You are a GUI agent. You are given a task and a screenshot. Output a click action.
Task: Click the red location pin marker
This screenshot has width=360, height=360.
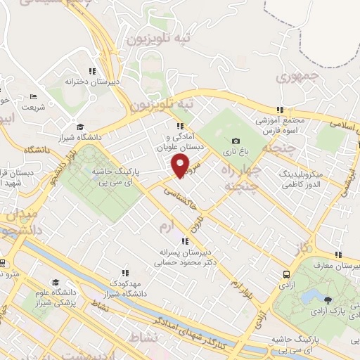181,166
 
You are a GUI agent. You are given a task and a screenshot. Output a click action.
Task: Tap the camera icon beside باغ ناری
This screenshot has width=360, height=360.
236,141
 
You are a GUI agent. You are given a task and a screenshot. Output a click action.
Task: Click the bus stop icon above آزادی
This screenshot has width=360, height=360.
285,275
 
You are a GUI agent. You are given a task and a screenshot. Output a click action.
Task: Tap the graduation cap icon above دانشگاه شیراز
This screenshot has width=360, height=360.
79,127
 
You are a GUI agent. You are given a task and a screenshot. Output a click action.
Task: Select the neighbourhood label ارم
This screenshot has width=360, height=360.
166,226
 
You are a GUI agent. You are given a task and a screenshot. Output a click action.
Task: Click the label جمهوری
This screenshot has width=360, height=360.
297,77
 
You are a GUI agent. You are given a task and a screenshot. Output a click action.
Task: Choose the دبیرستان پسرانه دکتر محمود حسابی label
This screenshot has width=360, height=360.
184,255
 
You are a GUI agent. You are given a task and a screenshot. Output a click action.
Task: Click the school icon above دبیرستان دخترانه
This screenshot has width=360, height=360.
91,71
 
